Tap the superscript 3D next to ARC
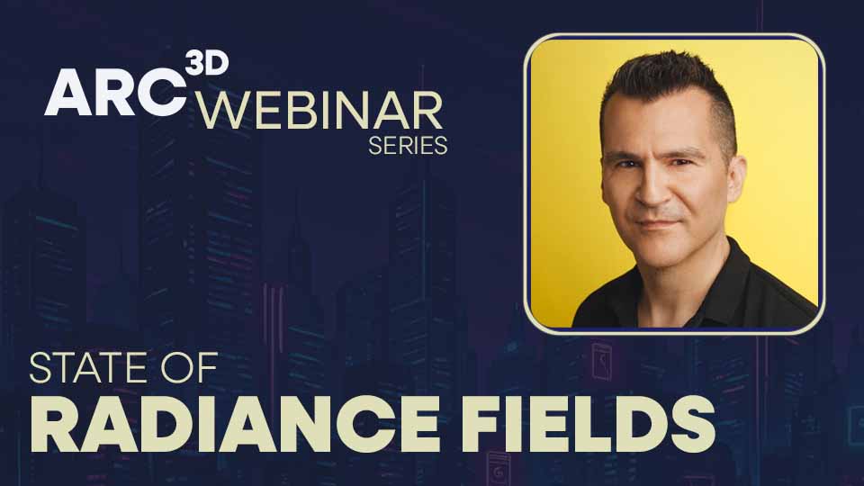pos(206,62)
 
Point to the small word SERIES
pos(408,146)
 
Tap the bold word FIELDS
pos(602,422)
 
